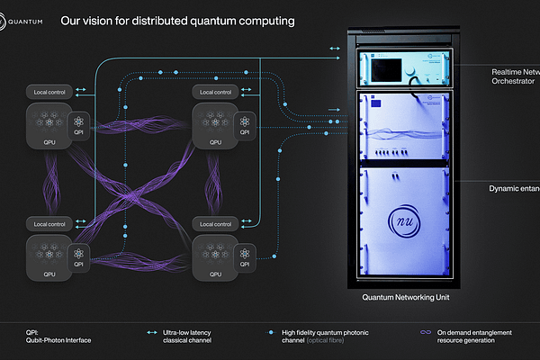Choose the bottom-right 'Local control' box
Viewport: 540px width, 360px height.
pyautogui.click(x=213, y=223)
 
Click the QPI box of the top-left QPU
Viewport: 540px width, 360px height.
pyautogui.click(x=80, y=126)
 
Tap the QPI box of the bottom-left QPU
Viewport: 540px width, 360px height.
pyautogui.click(x=80, y=257)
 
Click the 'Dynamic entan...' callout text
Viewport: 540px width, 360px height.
pyautogui.click(x=514, y=188)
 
